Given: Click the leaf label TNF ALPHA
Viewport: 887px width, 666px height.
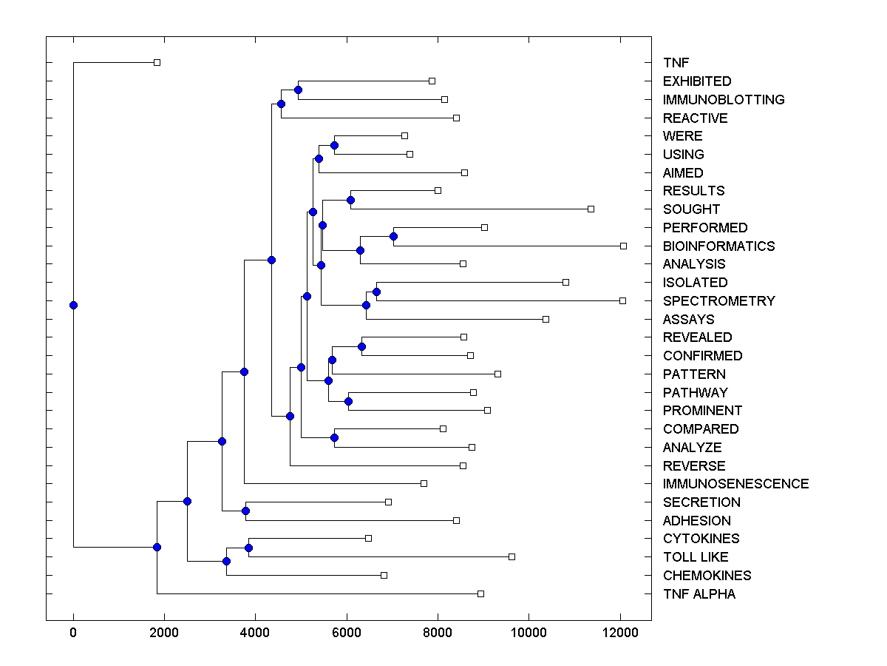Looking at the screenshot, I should tap(699, 594).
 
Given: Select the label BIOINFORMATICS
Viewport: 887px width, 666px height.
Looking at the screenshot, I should tap(718, 246).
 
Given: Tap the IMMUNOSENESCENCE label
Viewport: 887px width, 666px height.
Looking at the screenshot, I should tap(735, 484).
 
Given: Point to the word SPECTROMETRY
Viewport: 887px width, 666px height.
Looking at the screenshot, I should tap(718, 301).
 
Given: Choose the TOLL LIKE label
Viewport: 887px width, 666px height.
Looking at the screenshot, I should tap(696, 557).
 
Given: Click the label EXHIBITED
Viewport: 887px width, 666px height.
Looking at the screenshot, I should tap(697, 81).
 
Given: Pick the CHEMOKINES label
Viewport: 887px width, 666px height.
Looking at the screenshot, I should tap(707, 576).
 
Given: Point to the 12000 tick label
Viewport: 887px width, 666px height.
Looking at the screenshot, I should tap(619, 632).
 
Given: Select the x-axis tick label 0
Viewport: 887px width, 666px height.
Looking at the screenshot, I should tap(73, 632).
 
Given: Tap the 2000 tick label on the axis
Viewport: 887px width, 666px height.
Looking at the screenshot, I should tap(164, 632).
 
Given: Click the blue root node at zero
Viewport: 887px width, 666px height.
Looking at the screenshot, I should tap(73, 305).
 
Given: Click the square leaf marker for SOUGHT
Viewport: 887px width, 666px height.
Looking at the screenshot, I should tap(591, 209).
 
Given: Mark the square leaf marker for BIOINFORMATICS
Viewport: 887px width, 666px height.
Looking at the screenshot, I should tap(623, 246).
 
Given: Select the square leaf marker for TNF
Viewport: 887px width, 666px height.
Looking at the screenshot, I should tap(157, 63).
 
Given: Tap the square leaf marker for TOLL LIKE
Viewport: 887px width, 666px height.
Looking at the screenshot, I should tap(512, 557).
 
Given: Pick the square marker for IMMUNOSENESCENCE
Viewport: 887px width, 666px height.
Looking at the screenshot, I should tap(424, 484).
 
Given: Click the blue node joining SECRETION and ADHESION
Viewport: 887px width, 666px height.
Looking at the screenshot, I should tap(245, 511).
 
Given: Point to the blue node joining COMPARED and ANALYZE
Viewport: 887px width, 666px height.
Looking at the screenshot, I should tap(334, 437).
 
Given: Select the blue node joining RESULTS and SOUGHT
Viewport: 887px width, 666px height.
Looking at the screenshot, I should tap(350, 200).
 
